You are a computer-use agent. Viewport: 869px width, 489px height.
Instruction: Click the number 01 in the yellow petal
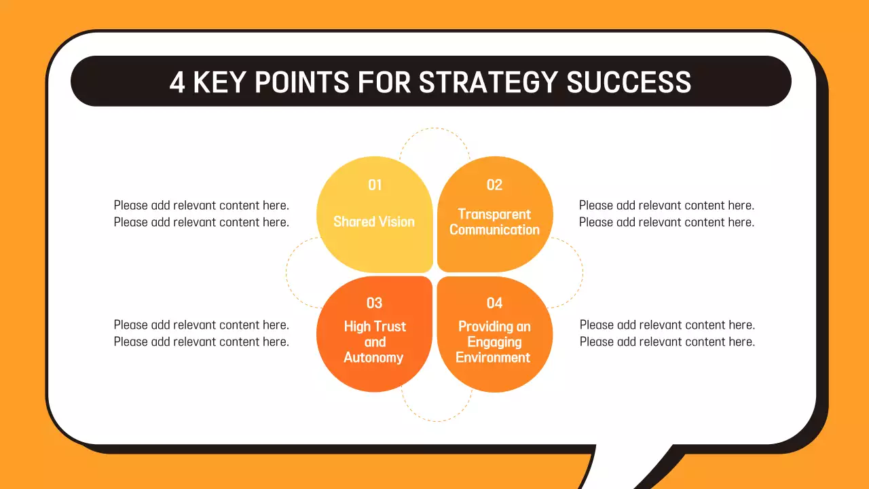point(375,185)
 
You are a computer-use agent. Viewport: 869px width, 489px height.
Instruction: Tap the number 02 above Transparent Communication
point(495,185)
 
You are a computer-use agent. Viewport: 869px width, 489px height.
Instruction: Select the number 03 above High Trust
point(374,303)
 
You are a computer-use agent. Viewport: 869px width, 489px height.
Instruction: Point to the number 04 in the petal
point(495,303)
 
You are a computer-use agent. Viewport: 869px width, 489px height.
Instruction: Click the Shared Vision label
point(374,221)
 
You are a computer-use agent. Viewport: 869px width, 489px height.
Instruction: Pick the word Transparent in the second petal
point(494,214)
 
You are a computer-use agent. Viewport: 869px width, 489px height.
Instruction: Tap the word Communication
point(494,230)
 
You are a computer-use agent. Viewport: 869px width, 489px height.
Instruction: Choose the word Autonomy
point(373,357)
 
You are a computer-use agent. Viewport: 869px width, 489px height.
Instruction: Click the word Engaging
point(494,342)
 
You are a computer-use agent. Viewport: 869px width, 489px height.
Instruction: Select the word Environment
point(493,357)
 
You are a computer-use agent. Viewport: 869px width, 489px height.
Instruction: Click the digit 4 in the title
point(177,82)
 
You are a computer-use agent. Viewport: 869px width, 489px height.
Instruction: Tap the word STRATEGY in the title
point(488,82)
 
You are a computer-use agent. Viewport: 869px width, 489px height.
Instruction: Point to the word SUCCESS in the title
point(629,82)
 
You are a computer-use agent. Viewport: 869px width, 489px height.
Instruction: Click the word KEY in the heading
point(219,82)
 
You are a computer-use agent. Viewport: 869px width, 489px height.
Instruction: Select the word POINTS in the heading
point(302,82)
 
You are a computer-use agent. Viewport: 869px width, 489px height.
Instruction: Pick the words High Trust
point(375,327)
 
